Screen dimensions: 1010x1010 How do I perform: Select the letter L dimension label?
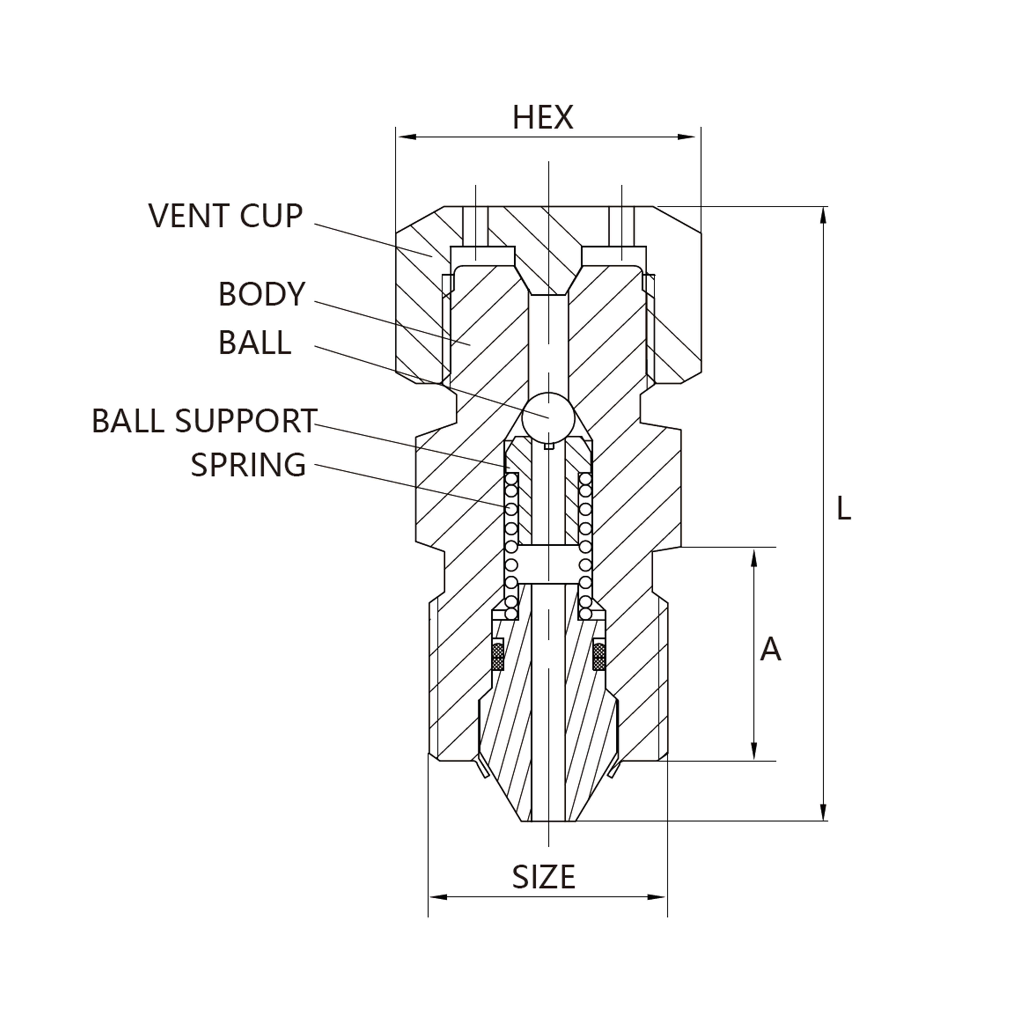coord(843,508)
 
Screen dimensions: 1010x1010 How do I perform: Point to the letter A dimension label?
coord(770,650)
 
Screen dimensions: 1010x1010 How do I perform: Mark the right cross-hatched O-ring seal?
coord(599,656)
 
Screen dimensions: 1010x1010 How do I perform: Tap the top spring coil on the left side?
coord(511,478)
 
